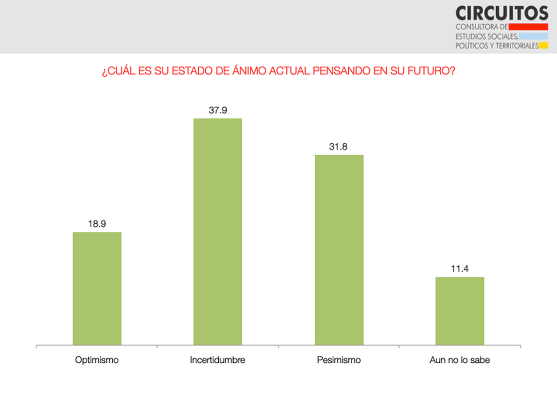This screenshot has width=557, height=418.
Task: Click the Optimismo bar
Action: tap(97, 288)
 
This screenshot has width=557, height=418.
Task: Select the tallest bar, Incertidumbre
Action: tap(218, 232)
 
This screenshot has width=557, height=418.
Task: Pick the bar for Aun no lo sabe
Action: tap(460, 311)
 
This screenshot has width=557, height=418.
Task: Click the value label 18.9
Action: tap(97, 224)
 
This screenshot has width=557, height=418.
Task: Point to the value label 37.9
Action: tap(218, 111)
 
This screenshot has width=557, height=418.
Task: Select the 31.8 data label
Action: tap(339, 147)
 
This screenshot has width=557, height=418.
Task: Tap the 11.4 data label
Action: tap(460, 269)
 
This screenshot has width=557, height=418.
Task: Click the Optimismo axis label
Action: tap(97, 360)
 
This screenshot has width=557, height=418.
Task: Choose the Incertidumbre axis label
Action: tap(218, 360)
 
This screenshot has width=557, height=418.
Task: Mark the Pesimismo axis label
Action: tap(339, 360)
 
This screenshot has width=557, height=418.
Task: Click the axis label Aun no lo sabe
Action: tap(460, 360)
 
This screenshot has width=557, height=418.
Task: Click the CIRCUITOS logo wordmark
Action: tap(502, 13)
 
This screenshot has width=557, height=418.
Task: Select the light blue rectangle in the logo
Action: tap(534, 36)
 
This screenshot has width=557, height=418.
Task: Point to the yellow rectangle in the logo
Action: tap(544, 46)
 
